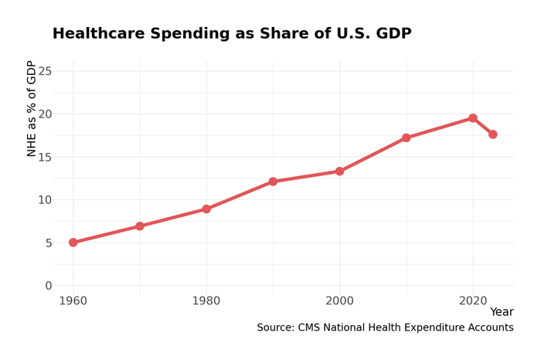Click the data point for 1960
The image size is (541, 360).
[73, 243]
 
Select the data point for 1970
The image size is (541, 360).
[140, 226]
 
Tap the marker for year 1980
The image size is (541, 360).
[206, 209]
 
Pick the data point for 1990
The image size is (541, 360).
[273, 182]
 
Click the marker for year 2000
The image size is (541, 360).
[339, 172]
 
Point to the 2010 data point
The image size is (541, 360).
[406, 138]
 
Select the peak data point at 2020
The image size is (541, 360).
[472, 118]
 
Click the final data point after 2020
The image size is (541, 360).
[492, 134]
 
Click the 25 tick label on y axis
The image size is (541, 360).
[45, 71]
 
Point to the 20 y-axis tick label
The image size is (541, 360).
[45, 114]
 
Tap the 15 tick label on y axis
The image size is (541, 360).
[45, 157]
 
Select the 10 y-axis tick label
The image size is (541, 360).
[45, 200]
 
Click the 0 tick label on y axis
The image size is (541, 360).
[49, 286]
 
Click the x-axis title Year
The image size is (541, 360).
[501, 312]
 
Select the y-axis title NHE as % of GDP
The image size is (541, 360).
[32, 108]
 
